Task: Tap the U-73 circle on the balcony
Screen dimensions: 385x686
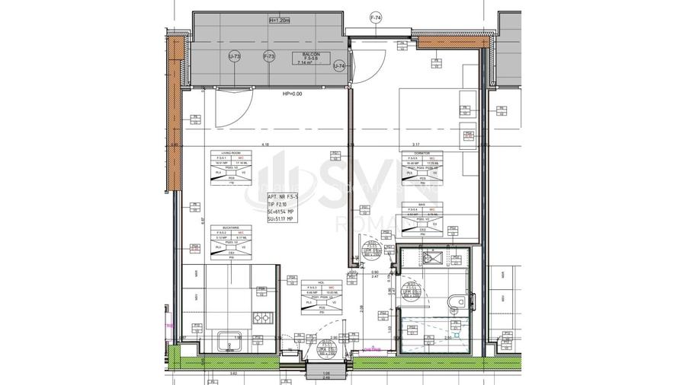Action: (x=236, y=56)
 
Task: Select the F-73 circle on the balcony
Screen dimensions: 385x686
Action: (x=268, y=56)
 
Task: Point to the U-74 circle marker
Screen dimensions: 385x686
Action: (x=339, y=67)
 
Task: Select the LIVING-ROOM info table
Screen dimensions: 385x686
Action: (x=231, y=168)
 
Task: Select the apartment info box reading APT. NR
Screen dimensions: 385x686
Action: (x=283, y=207)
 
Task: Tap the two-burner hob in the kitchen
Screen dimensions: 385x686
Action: (x=262, y=319)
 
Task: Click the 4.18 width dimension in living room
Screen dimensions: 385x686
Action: (x=265, y=144)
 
